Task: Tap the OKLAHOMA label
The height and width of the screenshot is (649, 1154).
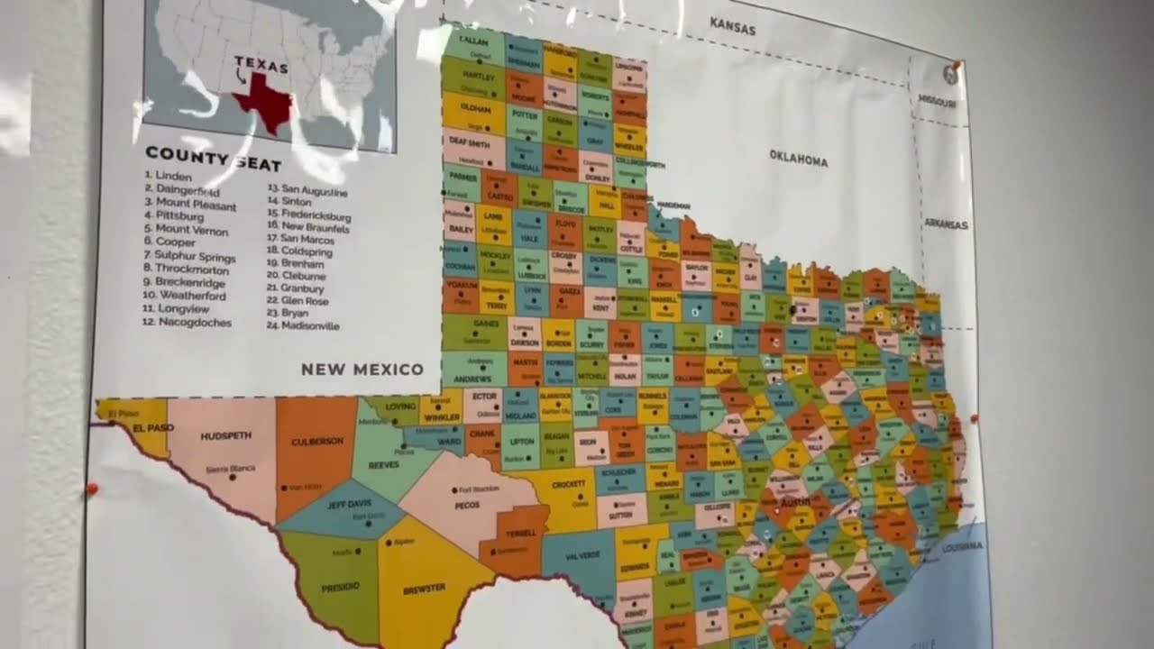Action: coord(798,159)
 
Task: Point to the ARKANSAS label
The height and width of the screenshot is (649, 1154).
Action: coord(945,224)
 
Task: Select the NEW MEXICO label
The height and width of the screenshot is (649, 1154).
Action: coord(362,369)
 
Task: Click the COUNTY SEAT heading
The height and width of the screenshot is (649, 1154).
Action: coord(213,160)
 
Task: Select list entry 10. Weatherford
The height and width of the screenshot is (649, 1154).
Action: coord(190,297)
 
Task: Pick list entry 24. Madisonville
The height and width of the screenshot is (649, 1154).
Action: coord(303,326)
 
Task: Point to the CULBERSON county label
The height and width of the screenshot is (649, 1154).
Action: coord(318,442)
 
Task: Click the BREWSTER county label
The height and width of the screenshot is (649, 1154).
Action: coord(424,588)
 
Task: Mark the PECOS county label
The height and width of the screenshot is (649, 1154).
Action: coord(467,506)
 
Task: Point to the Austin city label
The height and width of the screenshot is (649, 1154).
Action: coord(794,501)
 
